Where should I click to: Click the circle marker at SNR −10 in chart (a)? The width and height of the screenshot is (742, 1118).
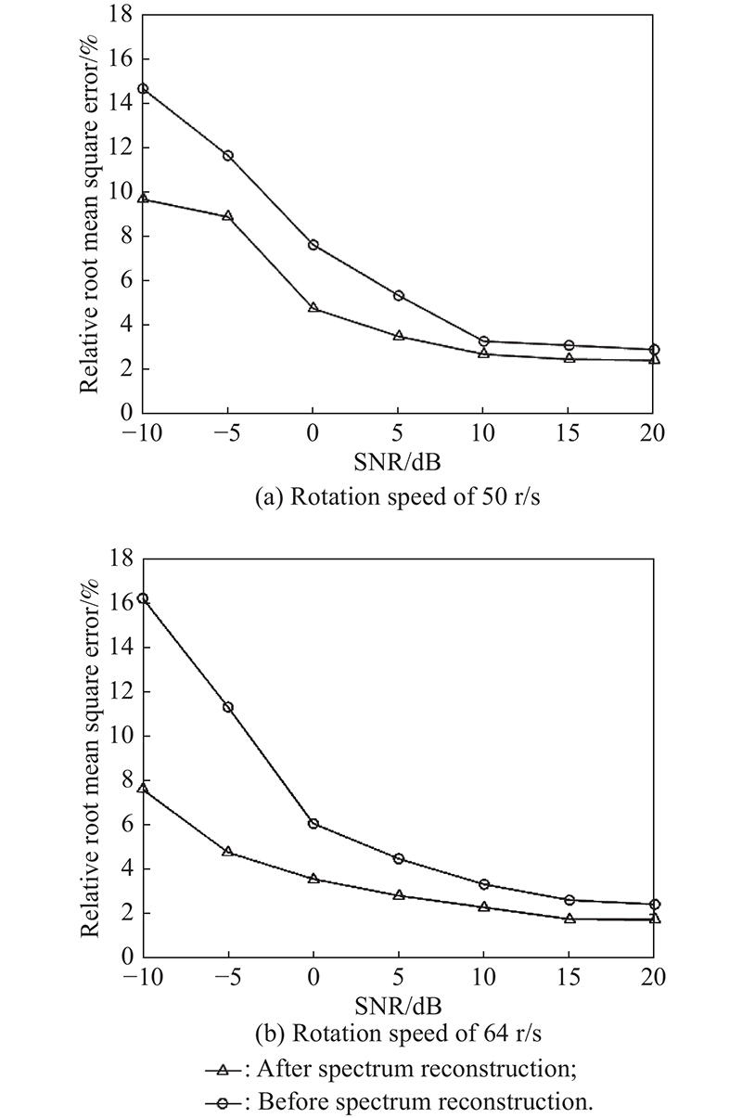[x=143, y=89]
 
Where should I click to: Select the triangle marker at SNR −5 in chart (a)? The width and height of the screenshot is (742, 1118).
[x=227, y=216]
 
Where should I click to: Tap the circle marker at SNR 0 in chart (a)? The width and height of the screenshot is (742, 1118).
[x=313, y=245]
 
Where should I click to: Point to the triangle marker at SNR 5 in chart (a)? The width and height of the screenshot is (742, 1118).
[x=399, y=335]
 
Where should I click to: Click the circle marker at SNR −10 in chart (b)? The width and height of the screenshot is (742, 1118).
[x=143, y=598]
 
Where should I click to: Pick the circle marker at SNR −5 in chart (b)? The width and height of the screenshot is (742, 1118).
[x=227, y=707]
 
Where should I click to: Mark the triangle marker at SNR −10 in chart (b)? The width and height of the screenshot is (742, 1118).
[x=143, y=788]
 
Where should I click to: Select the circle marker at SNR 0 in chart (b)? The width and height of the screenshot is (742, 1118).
[x=313, y=823]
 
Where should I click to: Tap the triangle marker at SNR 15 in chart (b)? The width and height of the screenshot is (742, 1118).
[x=569, y=918]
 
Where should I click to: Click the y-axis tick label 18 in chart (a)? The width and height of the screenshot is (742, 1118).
[x=120, y=15]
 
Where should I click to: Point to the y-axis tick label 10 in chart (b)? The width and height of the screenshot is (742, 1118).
[x=120, y=736]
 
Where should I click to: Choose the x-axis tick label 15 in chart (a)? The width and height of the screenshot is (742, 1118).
[x=569, y=432]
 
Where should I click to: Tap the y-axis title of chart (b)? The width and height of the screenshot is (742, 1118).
[x=89, y=756]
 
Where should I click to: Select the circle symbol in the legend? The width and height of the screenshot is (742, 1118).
[x=224, y=1102]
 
